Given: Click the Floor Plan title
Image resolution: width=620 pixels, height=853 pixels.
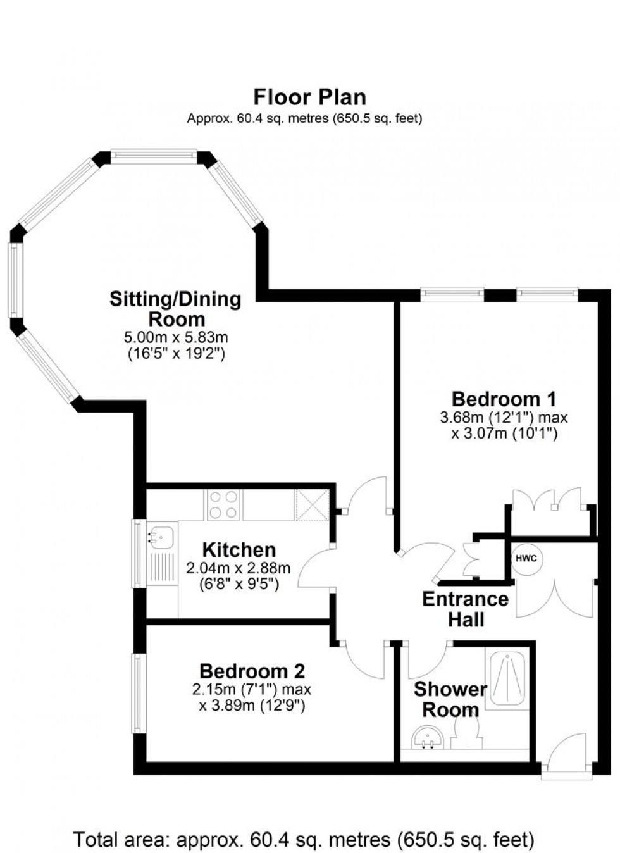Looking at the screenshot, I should pyautogui.click(x=309, y=97).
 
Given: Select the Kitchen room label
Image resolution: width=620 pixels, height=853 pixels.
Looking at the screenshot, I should pyautogui.click(x=239, y=549).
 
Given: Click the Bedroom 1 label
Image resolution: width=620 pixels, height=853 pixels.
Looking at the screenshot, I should pyautogui.click(x=504, y=399).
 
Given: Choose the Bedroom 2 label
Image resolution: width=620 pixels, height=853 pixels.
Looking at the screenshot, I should pyautogui.click(x=252, y=671).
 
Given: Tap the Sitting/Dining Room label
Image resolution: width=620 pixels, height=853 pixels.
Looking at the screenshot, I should pyautogui.click(x=175, y=308).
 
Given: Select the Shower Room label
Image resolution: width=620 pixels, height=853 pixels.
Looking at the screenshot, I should pyautogui.click(x=450, y=699).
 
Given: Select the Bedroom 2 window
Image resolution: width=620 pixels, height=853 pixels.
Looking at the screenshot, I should pyautogui.click(x=137, y=694).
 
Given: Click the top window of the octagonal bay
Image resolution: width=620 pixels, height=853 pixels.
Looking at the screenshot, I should pyautogui.click(x=153, y=155).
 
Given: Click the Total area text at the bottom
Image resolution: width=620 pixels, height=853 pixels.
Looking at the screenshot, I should pyautogui.click(x=304, y=839).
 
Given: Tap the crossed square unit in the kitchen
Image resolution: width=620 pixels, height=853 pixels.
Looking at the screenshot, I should pyautogui.click(x=311, y=506).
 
